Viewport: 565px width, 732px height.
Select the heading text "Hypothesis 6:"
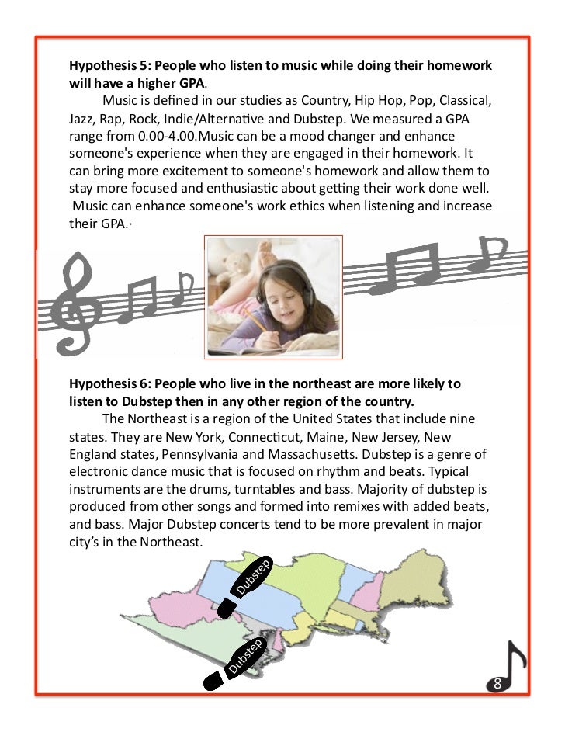[108, 384]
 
